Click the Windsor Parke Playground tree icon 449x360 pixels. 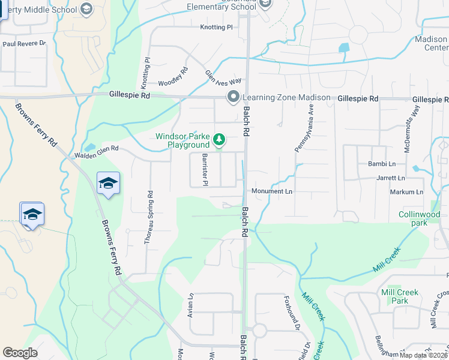coord(220,140)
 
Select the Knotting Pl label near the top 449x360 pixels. coord(216,28)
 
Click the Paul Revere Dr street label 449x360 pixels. coord(24,44)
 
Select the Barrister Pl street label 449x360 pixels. coord(205,169)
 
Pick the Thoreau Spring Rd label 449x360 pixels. coord(148,217)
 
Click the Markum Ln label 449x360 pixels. coord(406,192)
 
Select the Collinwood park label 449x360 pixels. coord(419,218)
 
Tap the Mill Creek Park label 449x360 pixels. coord(399,296)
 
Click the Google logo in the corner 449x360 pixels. coord(20,353)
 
